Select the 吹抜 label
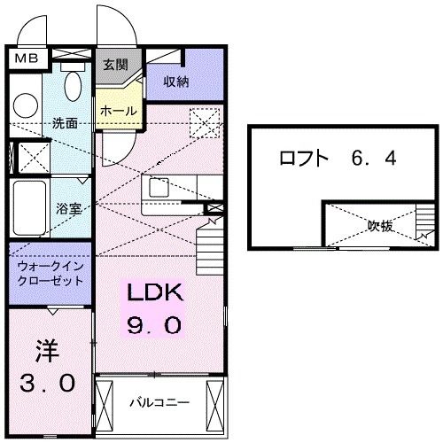click(381, 226)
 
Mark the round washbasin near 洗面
click(24, 104)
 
